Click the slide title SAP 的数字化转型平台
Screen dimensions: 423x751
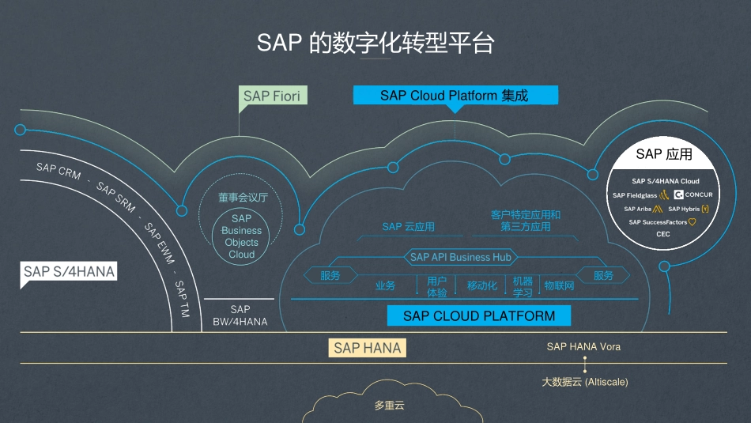click(375, 43)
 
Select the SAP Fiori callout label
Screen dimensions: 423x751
click(272, 96)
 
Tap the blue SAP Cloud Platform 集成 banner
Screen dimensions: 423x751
click(455, 96)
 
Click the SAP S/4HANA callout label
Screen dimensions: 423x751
click(69, 272)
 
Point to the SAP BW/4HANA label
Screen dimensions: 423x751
click(240, 315)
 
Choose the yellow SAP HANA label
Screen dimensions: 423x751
click(367, 348)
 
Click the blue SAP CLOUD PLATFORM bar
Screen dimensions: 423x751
click(478, 316)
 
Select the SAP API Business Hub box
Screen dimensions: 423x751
click(460, 257)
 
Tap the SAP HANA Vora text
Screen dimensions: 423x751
click(583, 346)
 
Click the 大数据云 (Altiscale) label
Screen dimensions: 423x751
click(584, 382)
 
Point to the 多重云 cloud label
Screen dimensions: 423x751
click(389, 406)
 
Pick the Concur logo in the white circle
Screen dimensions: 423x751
click(693, 195)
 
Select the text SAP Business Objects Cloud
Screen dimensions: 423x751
click(241, 236)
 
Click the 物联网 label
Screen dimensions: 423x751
click(559, 285)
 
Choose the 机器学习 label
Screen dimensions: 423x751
click(523, 286)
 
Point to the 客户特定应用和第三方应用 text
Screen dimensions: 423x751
click(525, 221)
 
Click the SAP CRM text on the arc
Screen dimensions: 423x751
click(58, 171)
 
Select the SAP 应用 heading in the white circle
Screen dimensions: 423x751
click(663, 154)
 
